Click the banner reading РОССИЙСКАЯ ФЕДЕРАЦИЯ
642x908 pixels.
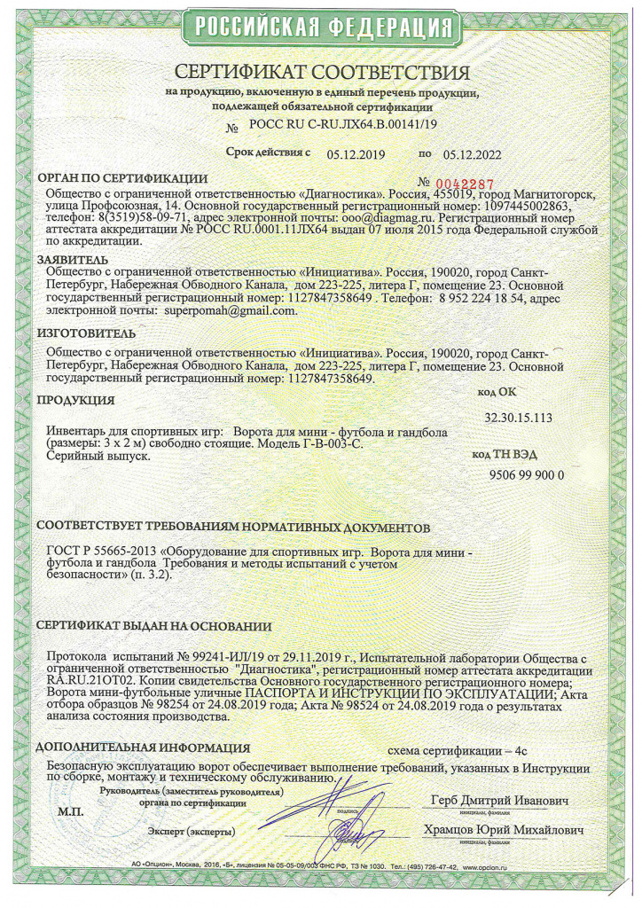[x=320, y=27]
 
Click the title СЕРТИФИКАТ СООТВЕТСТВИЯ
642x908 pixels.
[x=322, y=72]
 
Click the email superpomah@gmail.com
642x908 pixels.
[x=227, y=311]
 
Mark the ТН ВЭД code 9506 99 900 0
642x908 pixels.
[x=527, y=474]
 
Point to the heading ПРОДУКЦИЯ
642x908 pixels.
[x=76, y=401]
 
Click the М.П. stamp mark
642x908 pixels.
[x=71, y=812]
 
